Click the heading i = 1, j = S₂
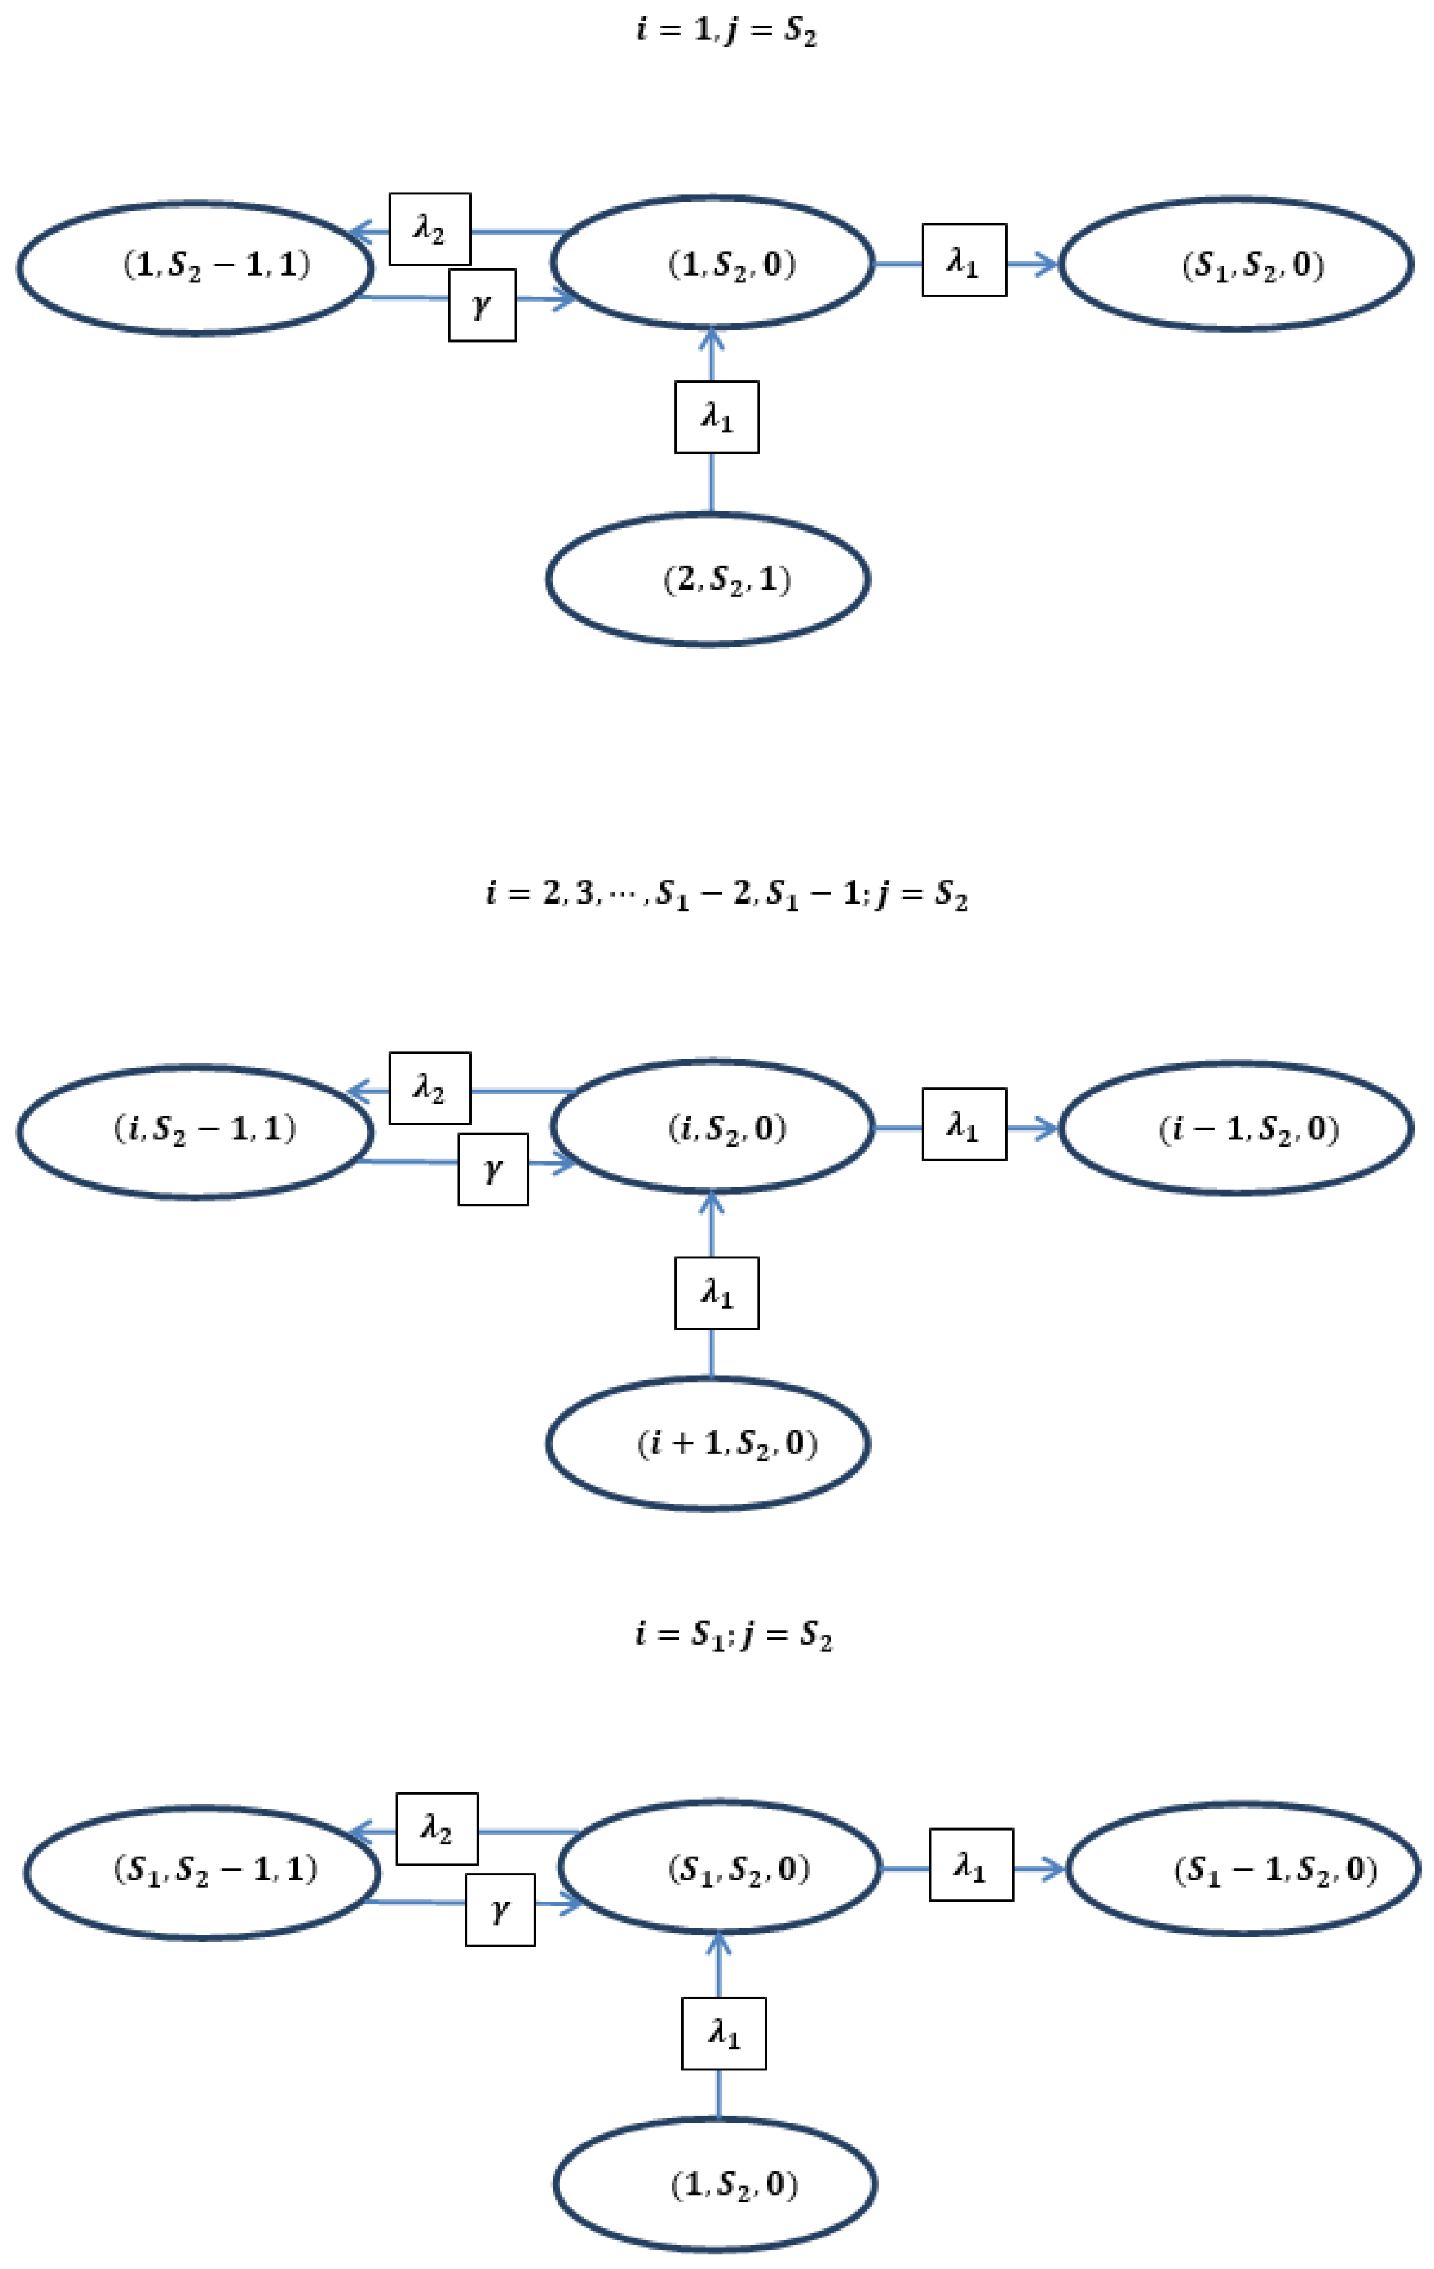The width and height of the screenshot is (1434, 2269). point(725,30)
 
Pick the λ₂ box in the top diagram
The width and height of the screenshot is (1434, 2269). point(429,229)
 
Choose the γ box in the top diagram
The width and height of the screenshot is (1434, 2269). point(482,305)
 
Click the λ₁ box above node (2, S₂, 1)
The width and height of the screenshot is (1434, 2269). point(716,417)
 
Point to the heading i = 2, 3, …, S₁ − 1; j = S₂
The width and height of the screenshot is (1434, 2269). point(725,892)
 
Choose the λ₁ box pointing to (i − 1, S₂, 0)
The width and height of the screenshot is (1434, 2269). point(964,1124)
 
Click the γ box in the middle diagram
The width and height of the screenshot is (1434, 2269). point(493,1169)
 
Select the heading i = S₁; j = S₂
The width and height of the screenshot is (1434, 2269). point(733,1633)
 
